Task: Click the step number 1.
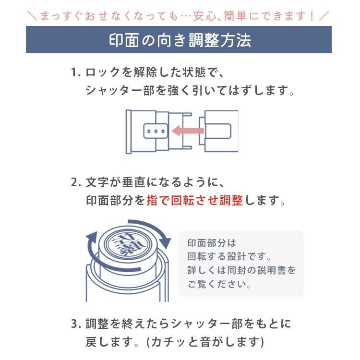pos(75,73)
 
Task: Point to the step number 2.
pos(75,183)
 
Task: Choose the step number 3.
pos(75,324)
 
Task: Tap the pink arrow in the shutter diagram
pos(188,130)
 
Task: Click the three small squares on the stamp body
pos(155,131)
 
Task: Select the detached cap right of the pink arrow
pos(221,130)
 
